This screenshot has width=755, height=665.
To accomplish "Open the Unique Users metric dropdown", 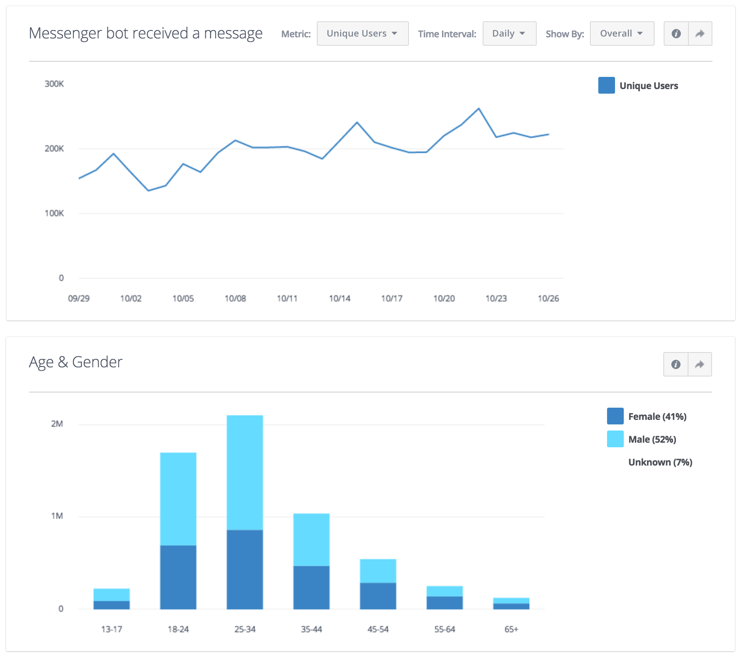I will [x=362, y=33].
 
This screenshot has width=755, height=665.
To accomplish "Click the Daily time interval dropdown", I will [x=509, y=33].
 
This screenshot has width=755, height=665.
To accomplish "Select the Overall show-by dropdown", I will [x=621, y=33].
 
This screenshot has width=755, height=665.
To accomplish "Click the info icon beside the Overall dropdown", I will [x=676, y=33].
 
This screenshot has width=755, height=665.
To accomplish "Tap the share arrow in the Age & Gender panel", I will [x=699, y=364].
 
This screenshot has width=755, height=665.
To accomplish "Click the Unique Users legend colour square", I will [x=606, y=85].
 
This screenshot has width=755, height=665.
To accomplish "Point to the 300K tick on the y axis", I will [x=54, y=84].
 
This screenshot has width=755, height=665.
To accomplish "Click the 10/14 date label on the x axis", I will [x=339, y=298].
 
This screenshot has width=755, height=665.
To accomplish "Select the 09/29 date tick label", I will [x=79, y=298].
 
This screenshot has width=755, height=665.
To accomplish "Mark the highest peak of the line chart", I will [x=478, y=108].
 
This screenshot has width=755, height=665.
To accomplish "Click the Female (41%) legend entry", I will [x=657, y=416].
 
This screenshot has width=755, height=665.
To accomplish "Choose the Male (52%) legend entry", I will [x=652, y=439].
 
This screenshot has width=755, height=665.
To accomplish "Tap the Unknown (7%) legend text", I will [x=660, y=462].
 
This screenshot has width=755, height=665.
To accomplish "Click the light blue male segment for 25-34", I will [x=245, y=472].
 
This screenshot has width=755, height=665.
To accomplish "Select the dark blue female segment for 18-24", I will [x=178, y=577].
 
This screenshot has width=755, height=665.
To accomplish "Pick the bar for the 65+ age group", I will [x=511, y=604].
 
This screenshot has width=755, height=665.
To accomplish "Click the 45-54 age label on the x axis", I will [x=378, y=629].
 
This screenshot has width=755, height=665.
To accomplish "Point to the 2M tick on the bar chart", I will [x=57, y=424].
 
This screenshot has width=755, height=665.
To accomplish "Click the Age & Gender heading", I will [x=76, y=362].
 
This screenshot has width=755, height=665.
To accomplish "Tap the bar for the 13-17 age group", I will [x=111, y=599].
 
